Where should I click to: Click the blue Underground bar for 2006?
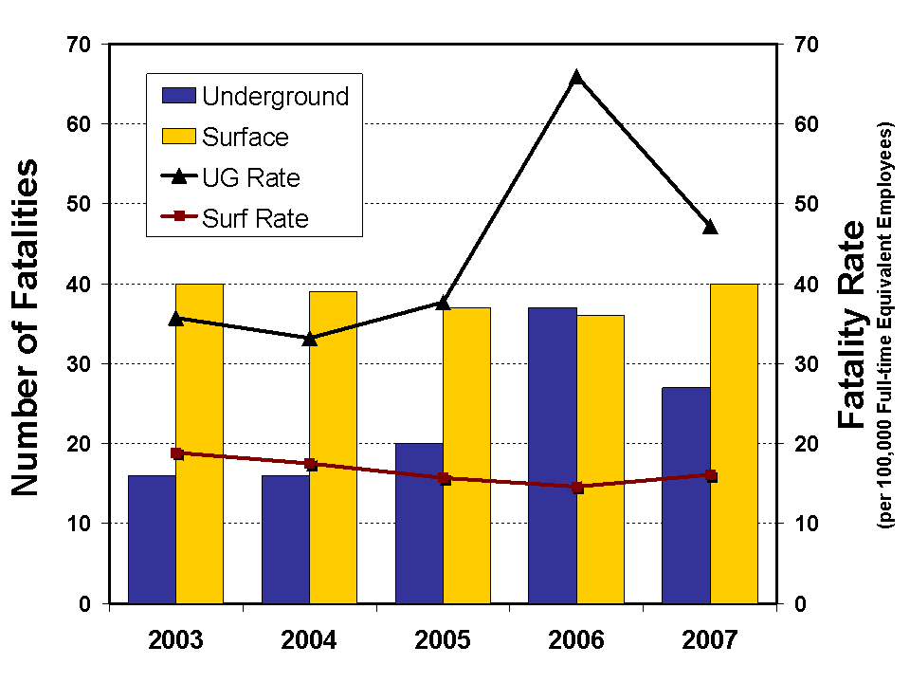(x=553, y=455)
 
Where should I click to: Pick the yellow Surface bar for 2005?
(x=466, y=455)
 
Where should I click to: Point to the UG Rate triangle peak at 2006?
(x=576, y=78)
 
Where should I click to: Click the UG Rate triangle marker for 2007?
(x=710, y=227)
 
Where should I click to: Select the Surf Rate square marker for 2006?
(x=576, y=487)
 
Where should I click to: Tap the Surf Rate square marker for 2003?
(x=176, y=453)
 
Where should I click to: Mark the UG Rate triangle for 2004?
(x=310, y=338)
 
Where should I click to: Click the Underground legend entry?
(x=255, y=96)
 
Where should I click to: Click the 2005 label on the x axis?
(x=443, y=639)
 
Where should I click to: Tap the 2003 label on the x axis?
(x=176, y=639)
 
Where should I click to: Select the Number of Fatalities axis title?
(x=26, y=327)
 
